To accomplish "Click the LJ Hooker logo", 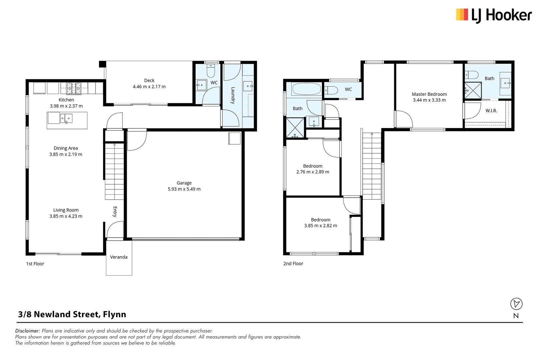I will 494,15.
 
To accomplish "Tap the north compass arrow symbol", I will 516,304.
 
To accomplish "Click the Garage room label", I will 184,183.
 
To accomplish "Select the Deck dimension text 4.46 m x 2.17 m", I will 149,87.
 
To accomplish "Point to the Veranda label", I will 119,257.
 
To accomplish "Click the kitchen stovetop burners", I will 74,88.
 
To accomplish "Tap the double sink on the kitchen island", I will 66,118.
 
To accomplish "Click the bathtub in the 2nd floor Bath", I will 306,89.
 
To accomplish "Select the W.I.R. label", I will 491,111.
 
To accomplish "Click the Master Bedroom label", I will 429,94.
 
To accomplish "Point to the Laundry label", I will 233,95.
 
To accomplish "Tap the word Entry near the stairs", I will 115,212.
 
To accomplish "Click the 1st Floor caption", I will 35,264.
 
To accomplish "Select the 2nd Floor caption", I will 293,264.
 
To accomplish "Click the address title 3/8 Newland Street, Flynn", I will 72,314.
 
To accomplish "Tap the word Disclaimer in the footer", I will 28,331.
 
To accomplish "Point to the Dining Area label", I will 66,148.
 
